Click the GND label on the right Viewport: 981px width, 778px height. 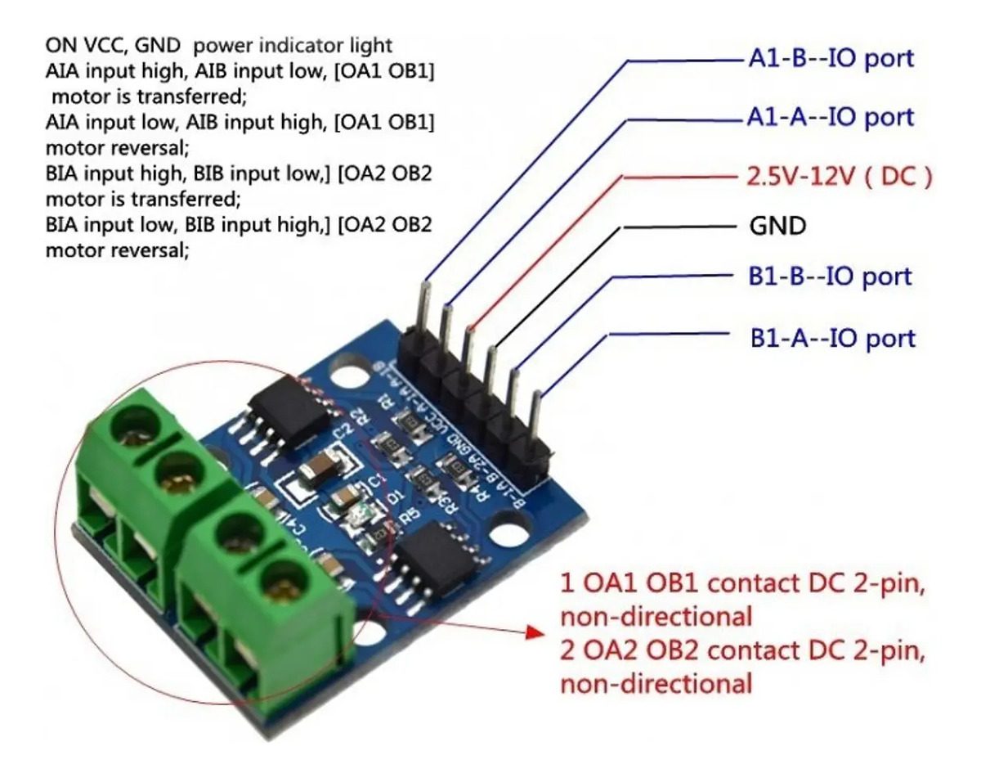tap(777, 226)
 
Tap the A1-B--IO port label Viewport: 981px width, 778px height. tap(830, 59)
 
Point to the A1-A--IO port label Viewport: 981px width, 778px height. tap(830, 117)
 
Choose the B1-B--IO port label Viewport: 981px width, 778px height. tap(829, 276)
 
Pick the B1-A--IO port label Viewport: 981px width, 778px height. tap(833, 337)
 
